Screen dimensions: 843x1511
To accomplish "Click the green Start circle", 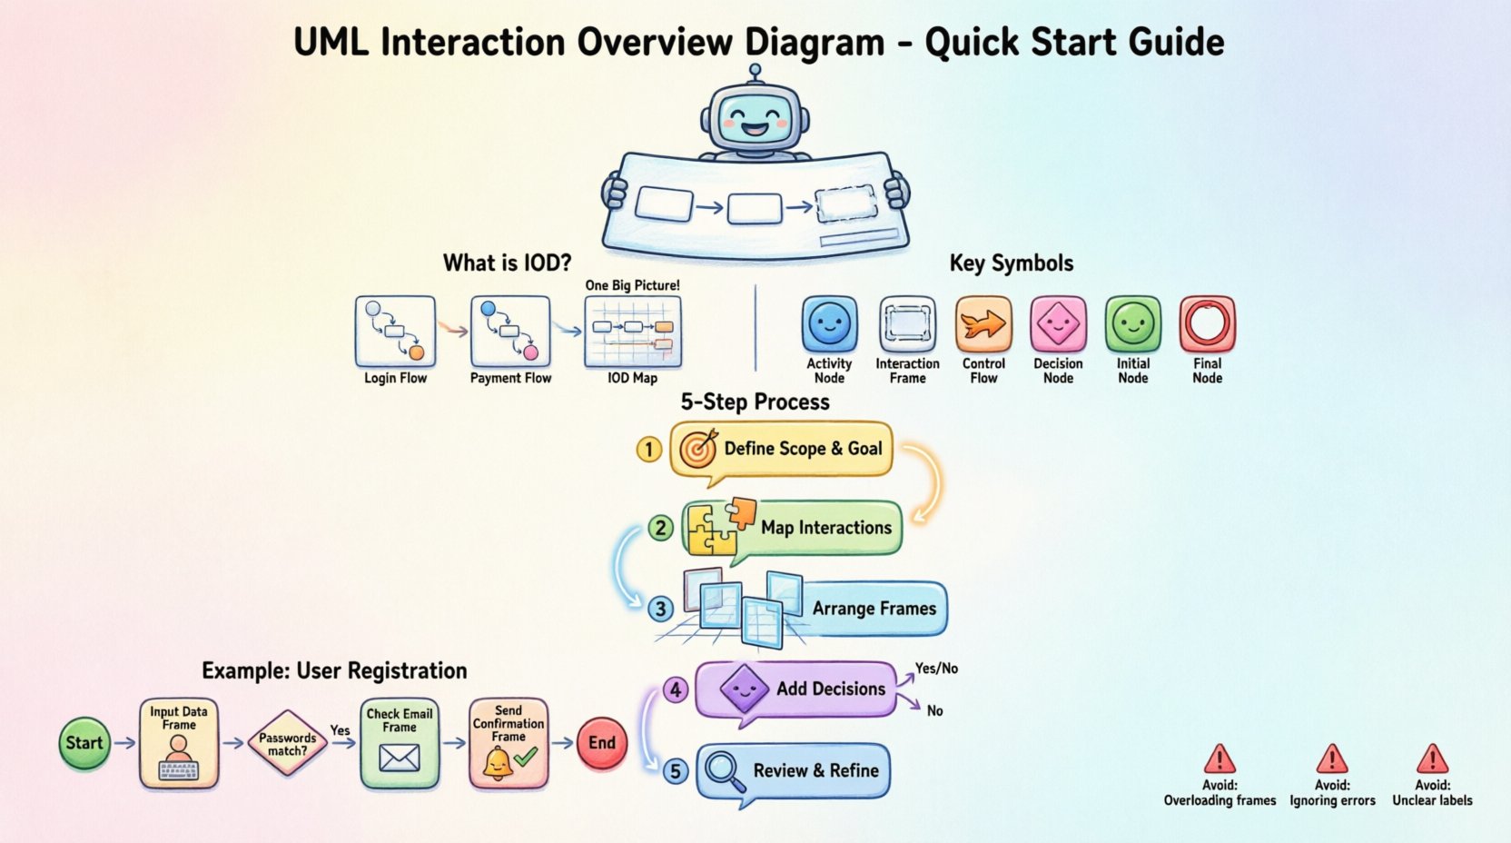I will [x=84, y=743].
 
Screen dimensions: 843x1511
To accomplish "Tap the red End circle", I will [x=602, y=743].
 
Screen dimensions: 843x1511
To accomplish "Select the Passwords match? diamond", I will [x=287, y=744].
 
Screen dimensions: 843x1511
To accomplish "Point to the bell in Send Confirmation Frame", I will [x=498, y=765].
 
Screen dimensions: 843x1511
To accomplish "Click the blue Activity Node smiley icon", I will [x=829, y=323].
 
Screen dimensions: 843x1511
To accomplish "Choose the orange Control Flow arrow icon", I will [x=983, y=323].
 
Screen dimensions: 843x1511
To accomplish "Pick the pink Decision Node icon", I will [x=1058, y=323].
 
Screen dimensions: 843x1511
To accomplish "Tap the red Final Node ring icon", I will [x=1207, y=323].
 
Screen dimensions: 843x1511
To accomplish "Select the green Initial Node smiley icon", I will [x=1132, y=323].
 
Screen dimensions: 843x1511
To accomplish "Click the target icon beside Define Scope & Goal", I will [x=698, y=448].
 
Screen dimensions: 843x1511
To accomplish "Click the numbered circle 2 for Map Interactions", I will [x=660, y=528].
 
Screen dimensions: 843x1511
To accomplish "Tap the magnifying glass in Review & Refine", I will [x=724, y=770].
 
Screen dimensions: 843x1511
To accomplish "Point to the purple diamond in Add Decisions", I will [x=744, y=689].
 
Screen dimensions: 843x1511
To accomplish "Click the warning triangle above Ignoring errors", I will [x=1332, y=759].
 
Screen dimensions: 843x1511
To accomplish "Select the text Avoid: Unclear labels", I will [x=1432, y=792].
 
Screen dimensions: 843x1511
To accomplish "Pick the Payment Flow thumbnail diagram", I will [x=510, y=331].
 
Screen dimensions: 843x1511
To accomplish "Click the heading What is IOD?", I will [x=507, y=263].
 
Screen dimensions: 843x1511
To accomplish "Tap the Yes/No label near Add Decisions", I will [x=936, y=669].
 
